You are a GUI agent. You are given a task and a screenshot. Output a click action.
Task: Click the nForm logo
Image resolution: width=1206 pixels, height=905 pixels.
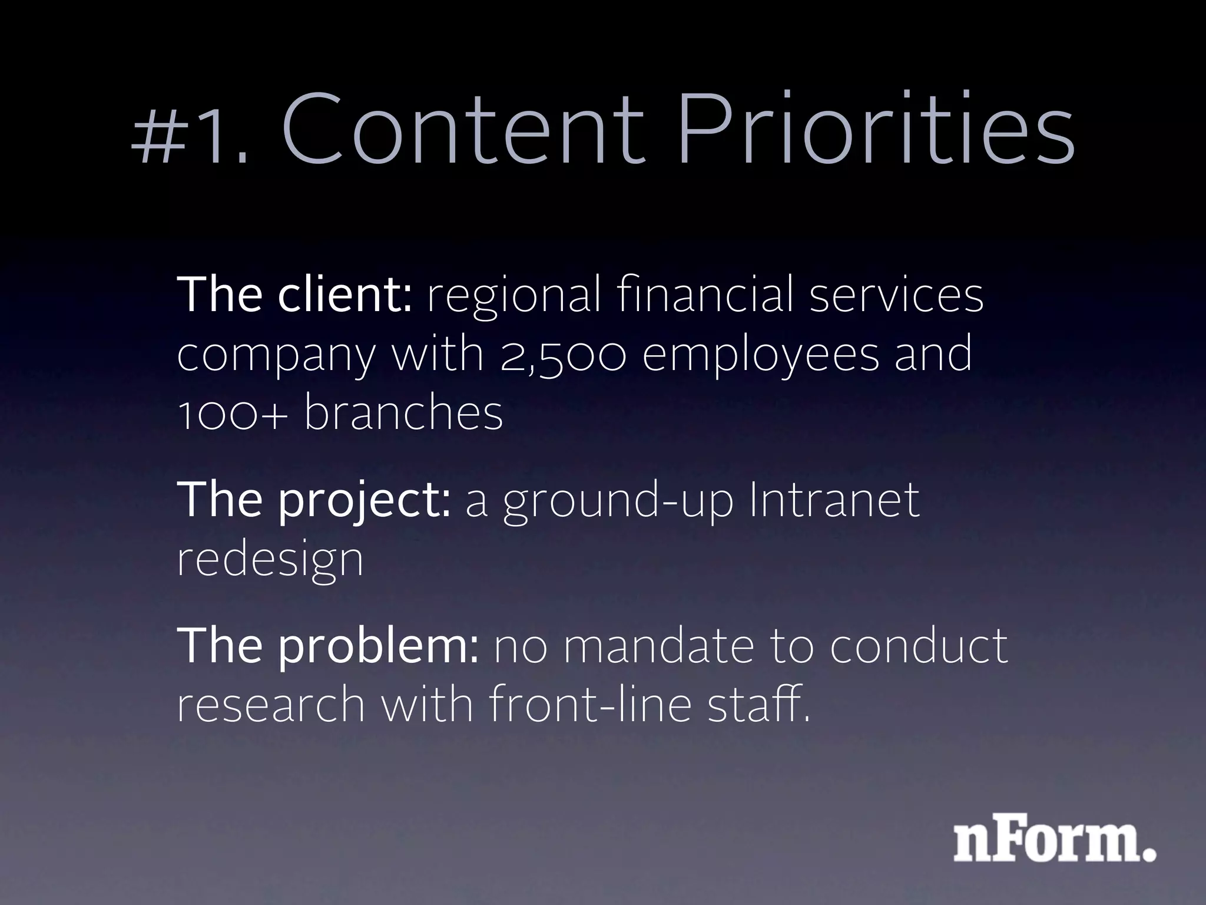point(1054,843)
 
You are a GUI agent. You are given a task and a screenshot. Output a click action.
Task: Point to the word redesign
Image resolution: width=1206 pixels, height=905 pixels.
point(270,560)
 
